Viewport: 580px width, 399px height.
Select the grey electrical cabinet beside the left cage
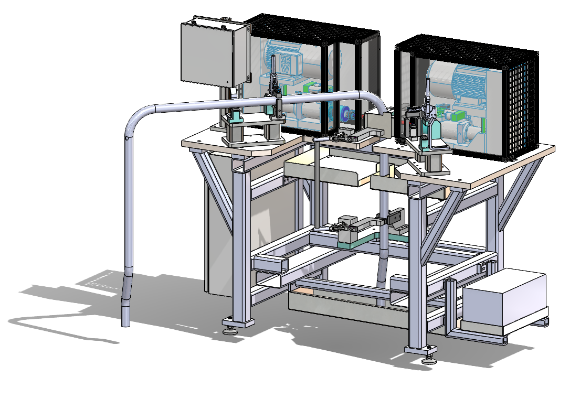(214, 53)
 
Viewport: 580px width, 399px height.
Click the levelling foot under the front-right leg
(428, 359)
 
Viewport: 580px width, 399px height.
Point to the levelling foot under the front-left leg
(230, 330)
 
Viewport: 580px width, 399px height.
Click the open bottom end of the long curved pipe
(126, 325)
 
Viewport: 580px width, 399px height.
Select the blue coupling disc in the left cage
(346, 114)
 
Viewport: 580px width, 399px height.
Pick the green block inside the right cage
(459, 115)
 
